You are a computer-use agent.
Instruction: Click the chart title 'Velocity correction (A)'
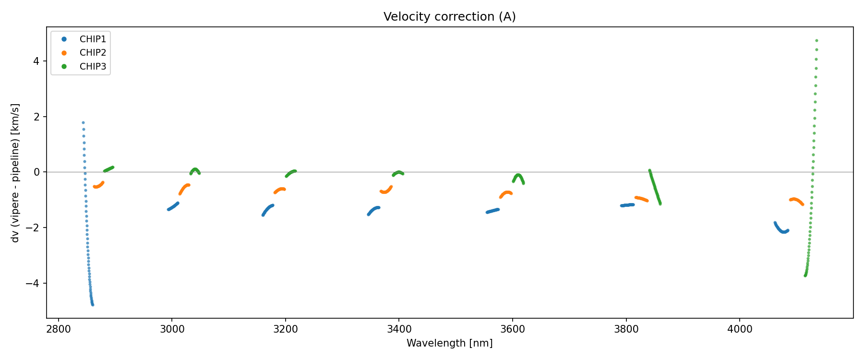[449, 17]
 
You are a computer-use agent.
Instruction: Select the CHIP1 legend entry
[93, 39]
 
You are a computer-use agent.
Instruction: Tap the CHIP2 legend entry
[93, 53]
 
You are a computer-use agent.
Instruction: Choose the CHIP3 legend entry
[93, 67]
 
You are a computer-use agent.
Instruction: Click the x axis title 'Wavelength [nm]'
[449, 343]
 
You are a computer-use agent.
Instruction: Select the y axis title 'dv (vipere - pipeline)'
[15, 173]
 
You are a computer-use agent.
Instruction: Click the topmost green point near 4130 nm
[816, 41]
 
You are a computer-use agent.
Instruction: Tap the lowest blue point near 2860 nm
[93, 305]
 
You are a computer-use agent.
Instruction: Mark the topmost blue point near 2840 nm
[83, 122]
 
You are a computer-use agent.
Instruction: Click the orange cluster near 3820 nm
[641, 199]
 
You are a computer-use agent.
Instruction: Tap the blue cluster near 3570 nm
[492, 211]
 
